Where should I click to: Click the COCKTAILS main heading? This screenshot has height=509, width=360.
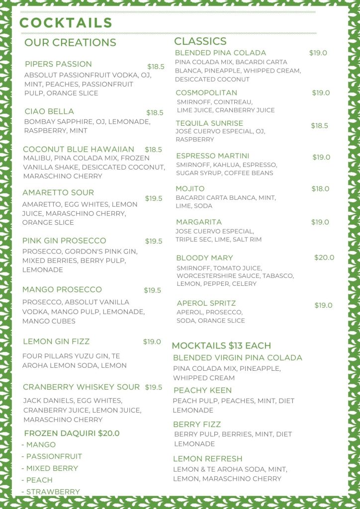[x=66, y=23]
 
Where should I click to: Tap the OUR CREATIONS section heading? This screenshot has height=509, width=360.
[x=70, y=43]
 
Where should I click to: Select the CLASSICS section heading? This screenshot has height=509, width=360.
[x=200, y=41]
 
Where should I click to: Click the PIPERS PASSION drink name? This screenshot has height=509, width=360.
[x=58, y=64]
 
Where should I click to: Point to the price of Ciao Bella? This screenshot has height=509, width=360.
[x=155, y=113]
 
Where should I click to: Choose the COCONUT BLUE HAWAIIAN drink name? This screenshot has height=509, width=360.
[x=79, y=149]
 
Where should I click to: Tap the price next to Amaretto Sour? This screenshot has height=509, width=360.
[x=154, y=198]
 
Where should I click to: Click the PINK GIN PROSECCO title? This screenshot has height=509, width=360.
[x=64, y=241]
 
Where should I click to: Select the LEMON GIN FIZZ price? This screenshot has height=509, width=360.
[x=152, y=341]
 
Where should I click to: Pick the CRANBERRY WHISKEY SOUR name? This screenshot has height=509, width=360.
[x=82, y=387]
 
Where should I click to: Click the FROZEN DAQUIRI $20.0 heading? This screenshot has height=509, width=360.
[x=72, y=433]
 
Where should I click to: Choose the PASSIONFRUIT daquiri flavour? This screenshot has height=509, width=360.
[x=54, y=456]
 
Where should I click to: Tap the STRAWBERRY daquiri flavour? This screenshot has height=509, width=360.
[x=53, y=492]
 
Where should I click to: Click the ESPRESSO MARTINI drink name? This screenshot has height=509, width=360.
[x=212, y=156]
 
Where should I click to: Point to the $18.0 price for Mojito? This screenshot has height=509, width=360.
[x=320, y=189]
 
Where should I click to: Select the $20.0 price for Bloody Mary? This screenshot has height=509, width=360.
[x=324, y=257]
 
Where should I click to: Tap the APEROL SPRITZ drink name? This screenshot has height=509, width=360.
[x=206, y=303]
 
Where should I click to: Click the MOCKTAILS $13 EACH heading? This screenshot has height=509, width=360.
[x=221, y=345]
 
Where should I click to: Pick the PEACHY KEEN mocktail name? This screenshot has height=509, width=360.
[x=202, y=391]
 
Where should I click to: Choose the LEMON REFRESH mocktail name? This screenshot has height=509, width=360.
[x=207, y=459]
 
